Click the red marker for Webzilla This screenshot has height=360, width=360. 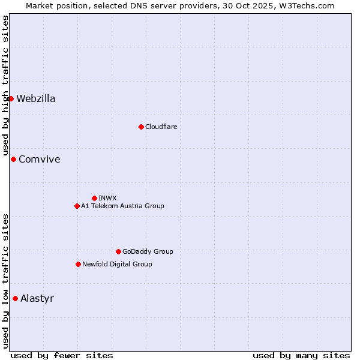coord(11,98)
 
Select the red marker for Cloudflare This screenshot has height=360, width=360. coord(141,127)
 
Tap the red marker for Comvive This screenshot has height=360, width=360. coord(13,159)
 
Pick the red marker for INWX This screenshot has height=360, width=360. coord(94,198)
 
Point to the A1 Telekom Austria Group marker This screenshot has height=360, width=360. coord(77,206)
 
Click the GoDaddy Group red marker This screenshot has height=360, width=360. coord(118,251)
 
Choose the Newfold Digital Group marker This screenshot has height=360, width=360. coord(78,264)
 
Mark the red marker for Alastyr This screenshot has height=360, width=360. coord(15,298)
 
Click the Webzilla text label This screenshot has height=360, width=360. coord(36,99)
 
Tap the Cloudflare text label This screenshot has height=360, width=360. coord(161,127)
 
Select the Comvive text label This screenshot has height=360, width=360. coord(40,160)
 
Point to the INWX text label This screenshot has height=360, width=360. coord(108,199)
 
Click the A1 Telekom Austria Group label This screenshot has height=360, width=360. coord(122,206)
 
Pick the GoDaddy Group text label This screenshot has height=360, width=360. coord(148,252)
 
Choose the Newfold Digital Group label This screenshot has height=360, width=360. coord(117,265)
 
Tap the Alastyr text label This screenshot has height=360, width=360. coord(37,299)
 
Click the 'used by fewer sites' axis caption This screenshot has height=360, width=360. coord(62,355)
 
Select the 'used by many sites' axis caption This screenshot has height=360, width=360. coord(301,355)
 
